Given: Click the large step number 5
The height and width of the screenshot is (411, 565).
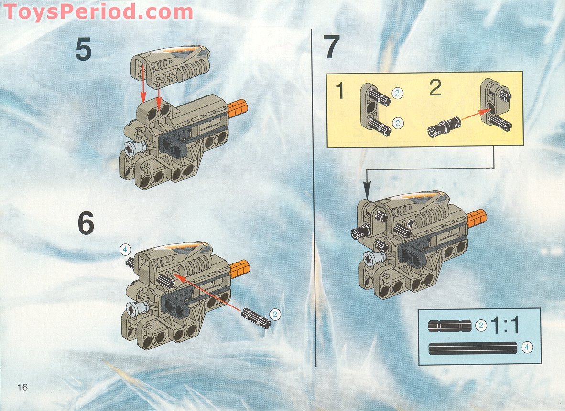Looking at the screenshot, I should [x=83, y=50].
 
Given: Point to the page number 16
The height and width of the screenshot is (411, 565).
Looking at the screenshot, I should [x=22, y=387].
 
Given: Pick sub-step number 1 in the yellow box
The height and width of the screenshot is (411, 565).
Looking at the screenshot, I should [x=340, y=91].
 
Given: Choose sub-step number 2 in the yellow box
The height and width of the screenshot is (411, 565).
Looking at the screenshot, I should [x=435, y=89].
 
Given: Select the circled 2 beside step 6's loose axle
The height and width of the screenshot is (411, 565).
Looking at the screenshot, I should [x=275, y=314].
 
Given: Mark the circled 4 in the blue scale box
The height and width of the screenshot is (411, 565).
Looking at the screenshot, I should [x=526, y=348].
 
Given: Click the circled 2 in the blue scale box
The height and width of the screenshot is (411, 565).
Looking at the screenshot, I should [x=481, y=326].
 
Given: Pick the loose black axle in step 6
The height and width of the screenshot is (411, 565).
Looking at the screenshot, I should [x=256, y=318].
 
